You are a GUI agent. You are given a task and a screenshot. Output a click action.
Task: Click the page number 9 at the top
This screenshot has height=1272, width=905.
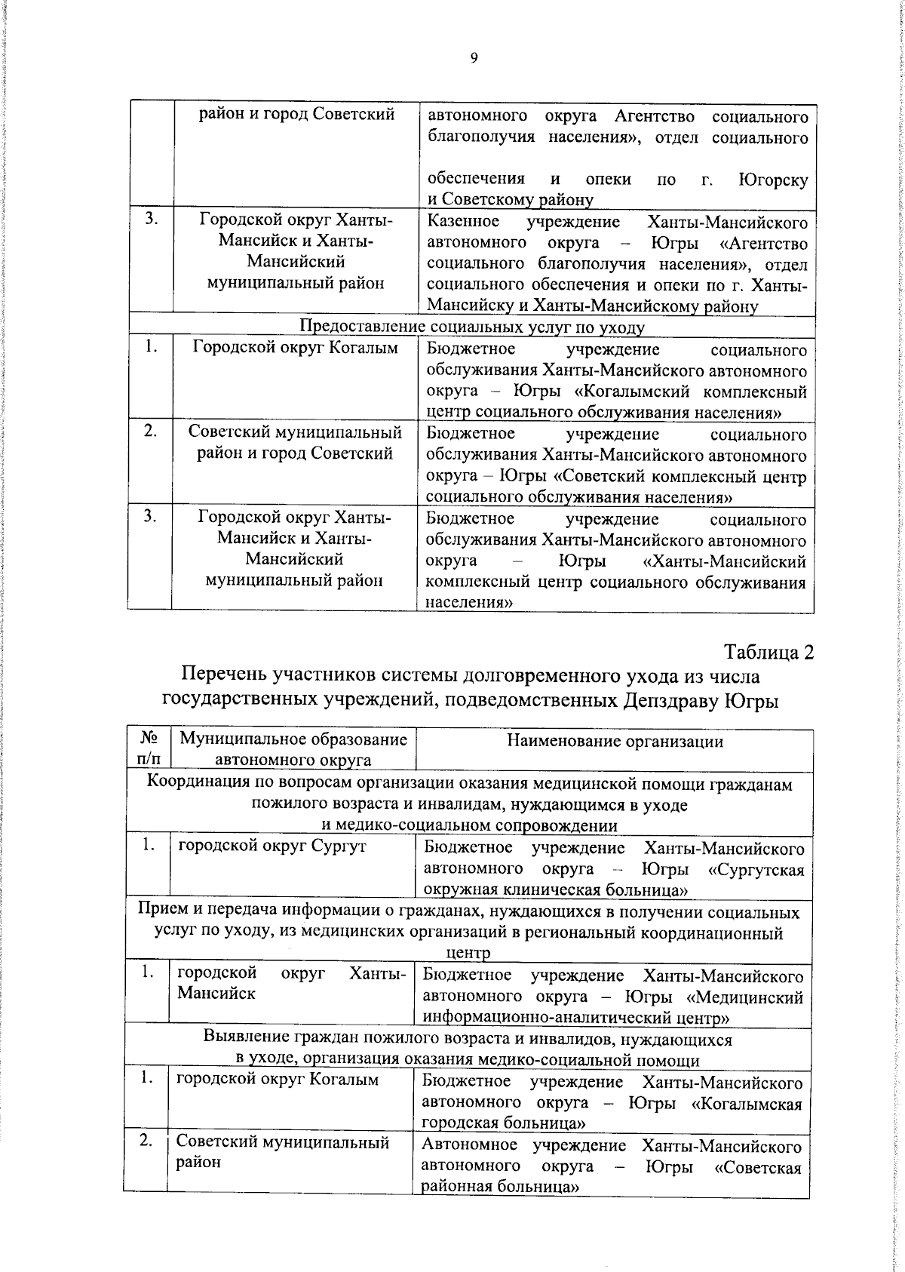tap(474, 59)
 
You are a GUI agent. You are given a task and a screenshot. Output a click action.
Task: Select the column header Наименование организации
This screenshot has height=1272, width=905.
tap(615, 741)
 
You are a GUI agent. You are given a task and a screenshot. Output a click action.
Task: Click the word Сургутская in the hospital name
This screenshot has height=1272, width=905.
tap(756, 869)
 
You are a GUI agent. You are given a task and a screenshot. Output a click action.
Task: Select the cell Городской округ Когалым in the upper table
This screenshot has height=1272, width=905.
tap(295, 348)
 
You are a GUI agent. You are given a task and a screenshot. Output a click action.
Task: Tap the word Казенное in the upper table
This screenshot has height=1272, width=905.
tap(463, 222)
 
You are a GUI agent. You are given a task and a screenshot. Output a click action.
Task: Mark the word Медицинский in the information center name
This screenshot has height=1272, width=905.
tap(756, 997)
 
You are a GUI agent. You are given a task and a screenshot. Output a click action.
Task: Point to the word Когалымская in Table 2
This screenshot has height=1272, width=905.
tap(747, 1103)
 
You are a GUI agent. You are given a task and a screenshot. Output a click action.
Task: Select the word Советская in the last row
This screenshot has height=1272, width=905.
tap(756, 1166)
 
